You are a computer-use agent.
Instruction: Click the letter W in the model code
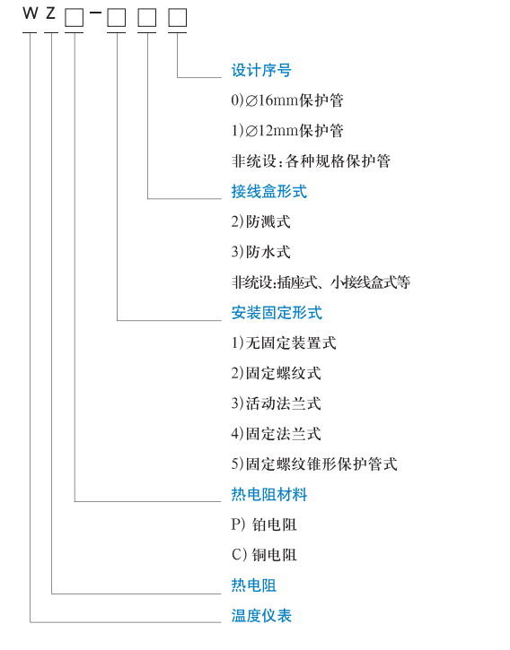click(31, 13)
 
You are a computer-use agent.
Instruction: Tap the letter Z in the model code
click(50, 13)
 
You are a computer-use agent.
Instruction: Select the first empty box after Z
click(75, 18)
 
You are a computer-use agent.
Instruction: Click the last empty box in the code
click(178, 18)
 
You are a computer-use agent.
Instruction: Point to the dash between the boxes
click(95, 13)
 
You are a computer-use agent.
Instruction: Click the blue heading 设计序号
click(261, 70)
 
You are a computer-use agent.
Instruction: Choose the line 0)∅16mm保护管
click(287, 100)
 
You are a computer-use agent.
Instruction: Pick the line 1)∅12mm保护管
click(287, 131)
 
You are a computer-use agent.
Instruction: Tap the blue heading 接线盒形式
click(269, 191)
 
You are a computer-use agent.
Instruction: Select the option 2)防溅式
click(260, 221)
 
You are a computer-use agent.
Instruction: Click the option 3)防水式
click(260, 252)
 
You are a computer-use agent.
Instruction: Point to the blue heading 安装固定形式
click(277, 313)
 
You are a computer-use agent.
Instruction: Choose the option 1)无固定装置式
click(284, 342)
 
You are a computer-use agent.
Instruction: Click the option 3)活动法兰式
click(277, 403)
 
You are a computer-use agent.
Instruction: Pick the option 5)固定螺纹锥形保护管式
click(314, 464)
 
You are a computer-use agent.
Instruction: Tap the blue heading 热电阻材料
click(269, 494)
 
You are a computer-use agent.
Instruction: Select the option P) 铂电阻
click(264, 524)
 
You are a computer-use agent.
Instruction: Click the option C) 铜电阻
click(264, 555)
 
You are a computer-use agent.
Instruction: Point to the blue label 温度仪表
click(261, 616)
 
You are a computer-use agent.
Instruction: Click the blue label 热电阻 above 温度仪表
click(254, 585)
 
